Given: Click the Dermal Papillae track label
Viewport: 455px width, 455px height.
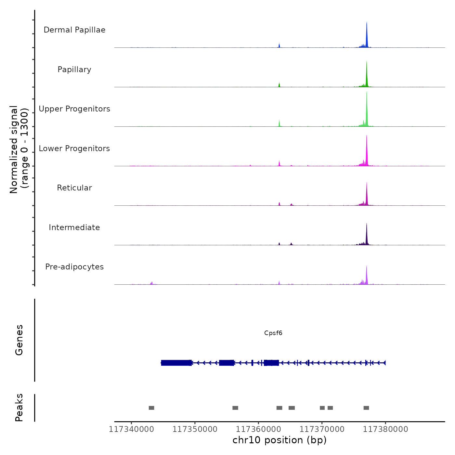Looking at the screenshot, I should [74, 30].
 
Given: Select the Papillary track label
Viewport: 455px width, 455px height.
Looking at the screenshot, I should [74, 70].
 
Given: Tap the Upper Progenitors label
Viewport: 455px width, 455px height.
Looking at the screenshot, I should [74, 109].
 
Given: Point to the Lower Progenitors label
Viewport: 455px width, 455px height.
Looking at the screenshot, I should [74, 149].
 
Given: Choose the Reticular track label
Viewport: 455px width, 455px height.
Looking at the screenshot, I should [74, 188].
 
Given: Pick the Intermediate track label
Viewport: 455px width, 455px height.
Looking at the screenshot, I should [74, 227].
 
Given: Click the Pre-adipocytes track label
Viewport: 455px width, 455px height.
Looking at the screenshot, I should [74, 267].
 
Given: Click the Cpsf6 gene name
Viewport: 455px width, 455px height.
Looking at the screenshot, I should [273, 333].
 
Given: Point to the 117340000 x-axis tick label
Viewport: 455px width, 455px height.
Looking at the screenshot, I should [131, 429].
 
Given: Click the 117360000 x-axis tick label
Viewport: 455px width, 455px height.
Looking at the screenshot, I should [258, 429].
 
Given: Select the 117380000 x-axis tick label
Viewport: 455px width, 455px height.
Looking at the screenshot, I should [385, 429].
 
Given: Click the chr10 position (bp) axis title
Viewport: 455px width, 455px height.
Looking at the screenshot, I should [279, 440].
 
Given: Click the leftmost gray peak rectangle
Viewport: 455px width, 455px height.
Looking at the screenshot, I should [151, 408].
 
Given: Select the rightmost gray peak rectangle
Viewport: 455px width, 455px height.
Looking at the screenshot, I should [366, 408].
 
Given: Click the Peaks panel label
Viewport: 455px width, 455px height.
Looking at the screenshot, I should [19, 408].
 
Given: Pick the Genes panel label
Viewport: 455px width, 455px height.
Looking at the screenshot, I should [19, 340].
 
